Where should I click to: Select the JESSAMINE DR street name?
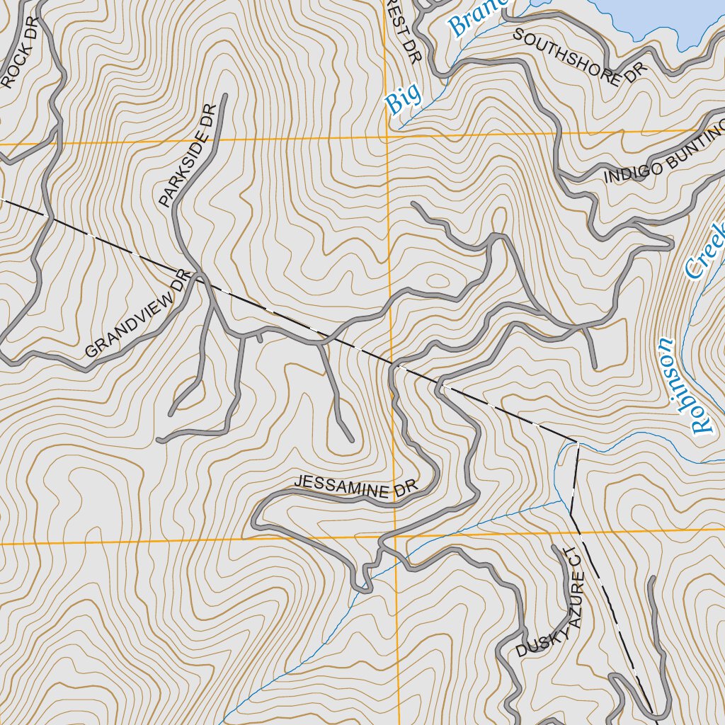356,486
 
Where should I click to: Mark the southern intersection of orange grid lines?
394,536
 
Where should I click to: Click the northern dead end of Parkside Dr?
224,95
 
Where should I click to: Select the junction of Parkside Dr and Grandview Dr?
200,276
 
